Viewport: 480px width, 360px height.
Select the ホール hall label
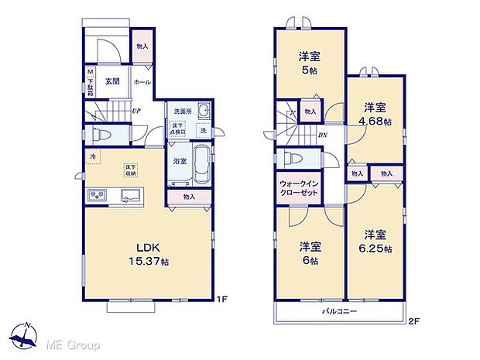pyautogui.click(x=142, y=81)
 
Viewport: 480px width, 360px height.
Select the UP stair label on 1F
pyautogui.click(x=136, y=111)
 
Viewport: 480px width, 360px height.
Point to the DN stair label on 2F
pyautogui.click(x=321, y=134)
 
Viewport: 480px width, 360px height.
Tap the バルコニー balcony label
pyautogui.click(x=339, y=311)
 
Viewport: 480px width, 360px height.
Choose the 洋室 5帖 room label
pyautogui.click(x=309, y=62)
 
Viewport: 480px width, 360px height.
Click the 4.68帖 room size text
pyautogui.click(x=375, y=122)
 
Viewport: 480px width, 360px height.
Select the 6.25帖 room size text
pyautogui.click(x=375, y=249)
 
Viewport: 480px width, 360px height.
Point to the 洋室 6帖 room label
pyautogui.click(x=309, y=252)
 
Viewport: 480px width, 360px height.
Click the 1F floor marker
pyautogui.click(x=221, y=299)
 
